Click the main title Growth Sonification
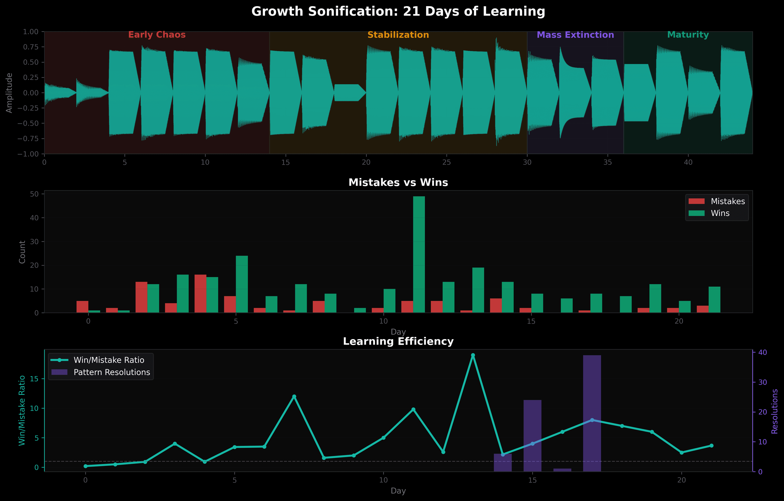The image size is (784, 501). tap(398, 12)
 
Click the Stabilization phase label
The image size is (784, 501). tap(398, 35)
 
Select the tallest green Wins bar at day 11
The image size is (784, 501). tap(419, 254)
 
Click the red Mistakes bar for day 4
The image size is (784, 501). tap(200, 293)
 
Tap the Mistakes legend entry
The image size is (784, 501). tap(716, 201)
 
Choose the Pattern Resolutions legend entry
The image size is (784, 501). tap(101, 372)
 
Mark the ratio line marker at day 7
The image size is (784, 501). tap(294, 396)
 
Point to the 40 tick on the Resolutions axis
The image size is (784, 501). tap(763, 352)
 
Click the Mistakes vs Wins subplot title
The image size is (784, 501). tap(398, 182)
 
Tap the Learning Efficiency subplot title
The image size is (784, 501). tap(398, 341)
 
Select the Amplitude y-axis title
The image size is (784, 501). tap(9, 93)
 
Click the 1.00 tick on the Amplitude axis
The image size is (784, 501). tap(31, 32)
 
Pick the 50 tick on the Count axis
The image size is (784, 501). tap(34, 194)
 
